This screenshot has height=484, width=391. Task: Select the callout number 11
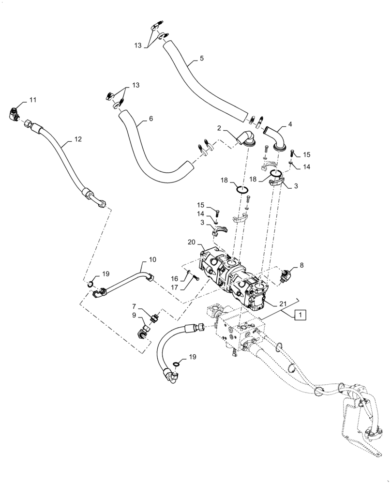click(33, 100)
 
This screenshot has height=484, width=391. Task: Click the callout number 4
click(290, 124)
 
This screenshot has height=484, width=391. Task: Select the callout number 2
click(219, 129)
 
